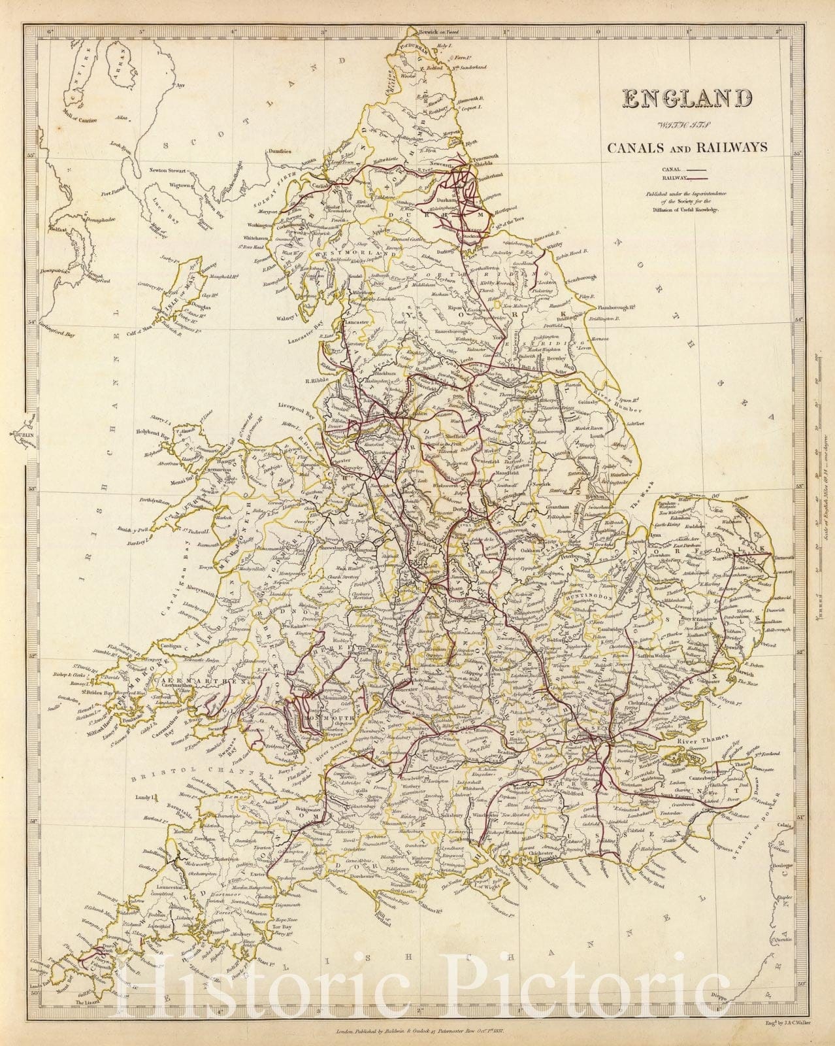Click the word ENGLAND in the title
click(x=687, y=98)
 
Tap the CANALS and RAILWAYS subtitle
click(x=687, y=148)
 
